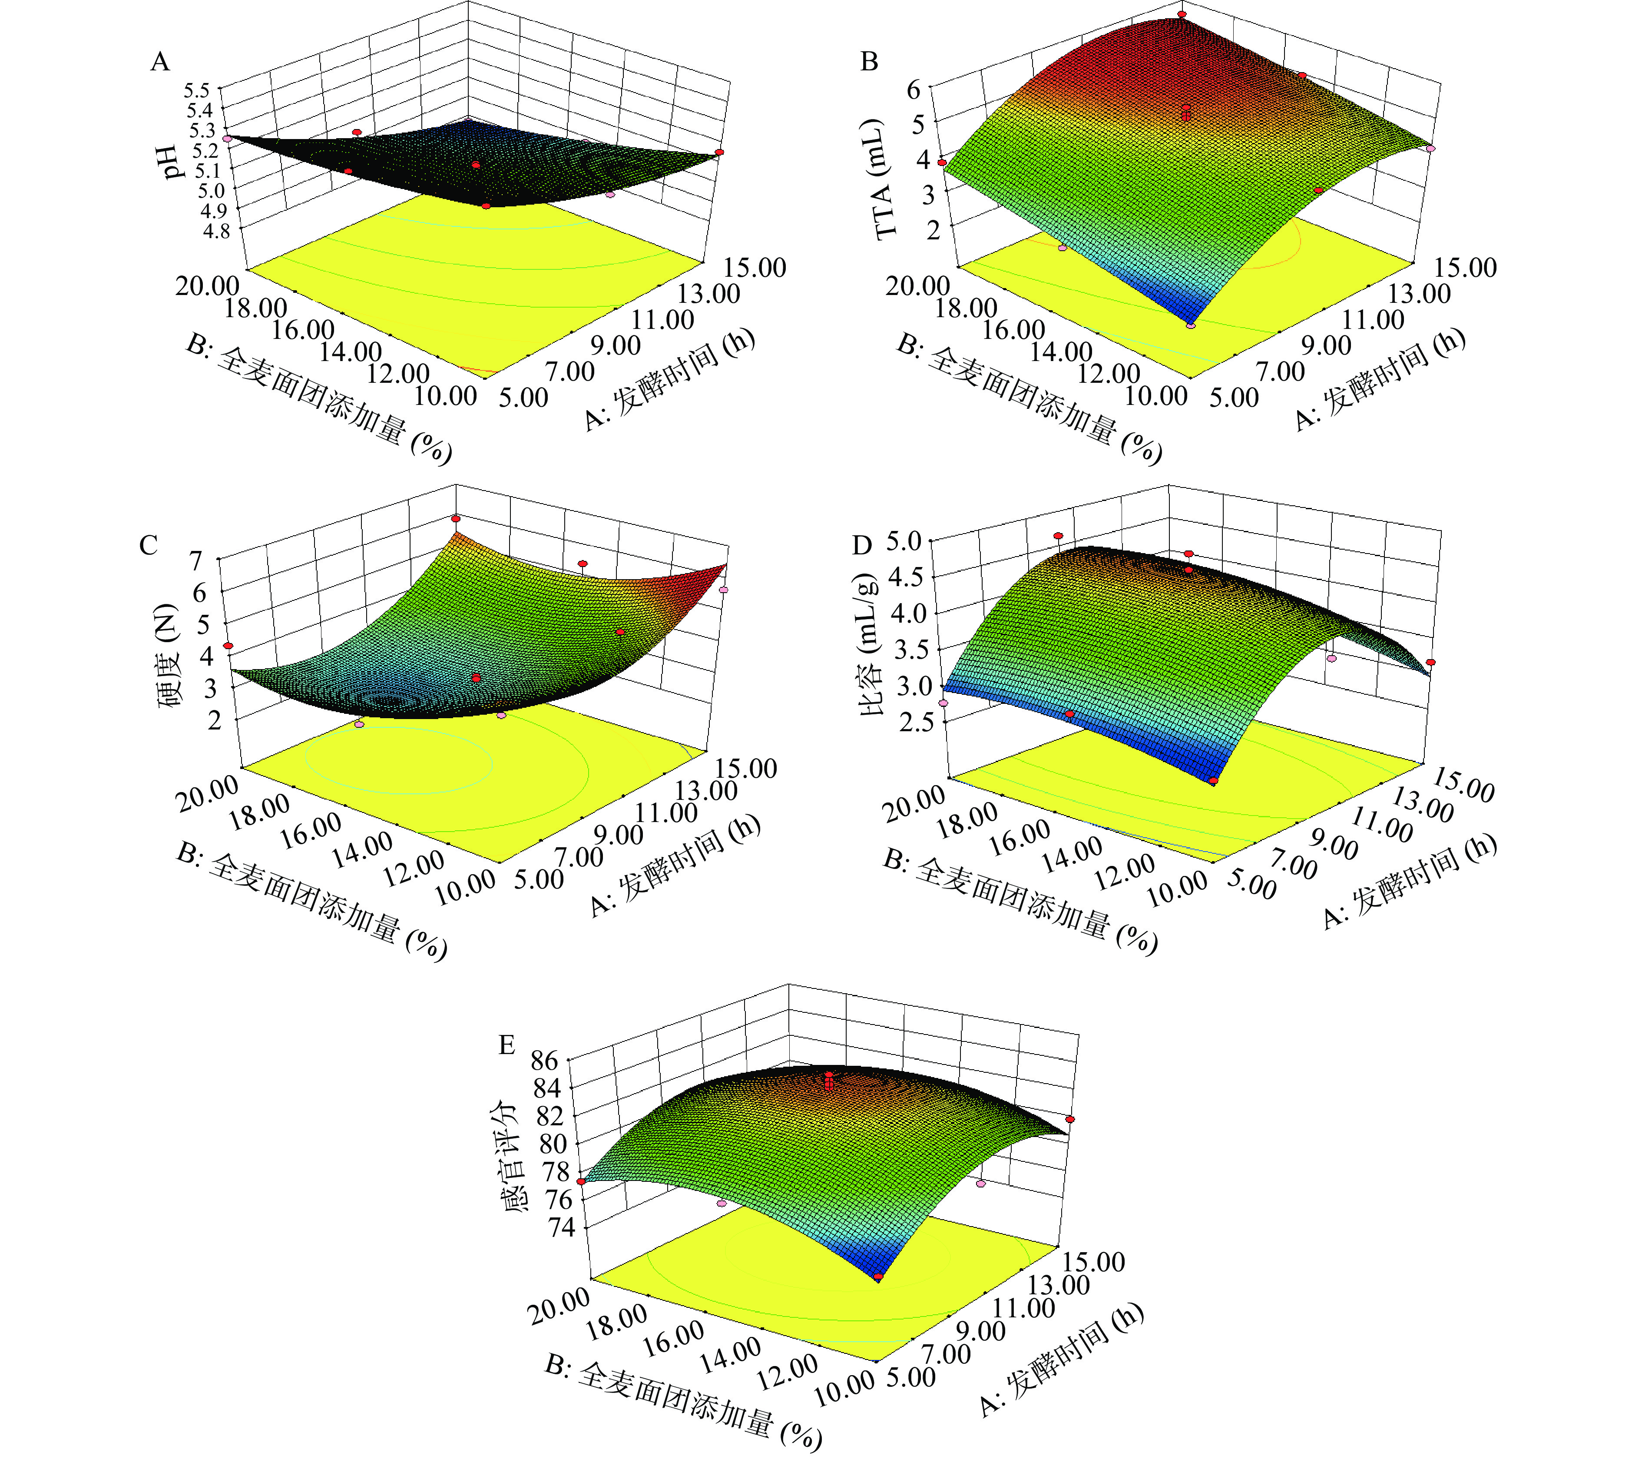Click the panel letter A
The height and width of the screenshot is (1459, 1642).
[160, 62]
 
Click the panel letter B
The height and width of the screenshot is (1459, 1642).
[869, 62]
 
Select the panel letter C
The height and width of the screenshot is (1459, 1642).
[149, 546]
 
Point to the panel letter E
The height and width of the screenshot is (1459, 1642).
[507, 1045]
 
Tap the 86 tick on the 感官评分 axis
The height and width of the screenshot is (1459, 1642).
[544, 1060]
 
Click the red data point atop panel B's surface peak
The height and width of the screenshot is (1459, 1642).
[1182, 14]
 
